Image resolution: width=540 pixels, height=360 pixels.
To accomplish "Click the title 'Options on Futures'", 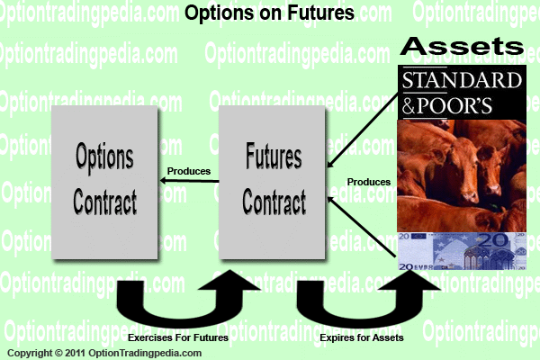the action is click(x=269, y=13).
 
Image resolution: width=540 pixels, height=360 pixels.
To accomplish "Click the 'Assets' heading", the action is click(x=462, y=46).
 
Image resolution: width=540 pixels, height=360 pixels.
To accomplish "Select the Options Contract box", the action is click(x=104, y=182).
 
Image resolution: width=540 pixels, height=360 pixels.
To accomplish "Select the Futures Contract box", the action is click(x=272, y=182).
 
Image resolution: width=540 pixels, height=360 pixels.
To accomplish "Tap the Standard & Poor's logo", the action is click(x=462, y=93).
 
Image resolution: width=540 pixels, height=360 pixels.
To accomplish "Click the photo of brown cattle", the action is click(x=462, y=176).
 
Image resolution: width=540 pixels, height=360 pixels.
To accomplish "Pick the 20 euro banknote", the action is click(x=462, y=251).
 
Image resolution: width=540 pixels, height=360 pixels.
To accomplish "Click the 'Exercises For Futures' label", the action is click(x=178, y=337).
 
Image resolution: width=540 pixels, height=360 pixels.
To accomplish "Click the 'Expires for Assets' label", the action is click(x=362, y=337).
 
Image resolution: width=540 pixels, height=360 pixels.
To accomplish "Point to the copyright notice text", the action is click(x=104, y=353).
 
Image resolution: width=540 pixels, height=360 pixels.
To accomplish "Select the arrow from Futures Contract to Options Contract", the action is click(x=189, y=181).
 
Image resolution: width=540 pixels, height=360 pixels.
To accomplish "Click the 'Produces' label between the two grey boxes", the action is click(x=189, y=171).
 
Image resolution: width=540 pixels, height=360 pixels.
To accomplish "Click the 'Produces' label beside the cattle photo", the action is click(x=369, y=182).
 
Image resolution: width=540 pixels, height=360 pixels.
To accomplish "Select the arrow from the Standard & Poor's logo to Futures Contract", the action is click(x=363, y=130).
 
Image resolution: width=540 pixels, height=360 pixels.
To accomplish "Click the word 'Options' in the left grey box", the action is click(x=104, y=157).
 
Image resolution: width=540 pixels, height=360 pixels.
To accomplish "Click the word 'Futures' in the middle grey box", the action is click(x=274, y=156).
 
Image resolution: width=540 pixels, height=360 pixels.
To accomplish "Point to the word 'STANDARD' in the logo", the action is click(x=462, y=80).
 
